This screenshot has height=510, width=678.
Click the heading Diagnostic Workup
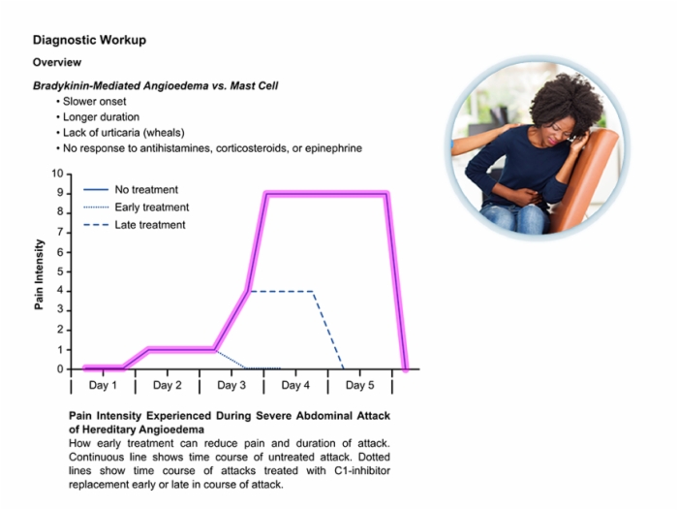click(89, 40)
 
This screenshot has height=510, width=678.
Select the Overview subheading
click(57, 62)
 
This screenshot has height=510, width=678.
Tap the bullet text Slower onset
click(94, 101)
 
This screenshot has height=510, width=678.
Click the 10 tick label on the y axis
click(57, 174)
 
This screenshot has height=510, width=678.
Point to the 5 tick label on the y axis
click(60, 271)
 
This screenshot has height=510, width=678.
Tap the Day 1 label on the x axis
click(103, 385)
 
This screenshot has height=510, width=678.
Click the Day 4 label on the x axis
click(295, 385)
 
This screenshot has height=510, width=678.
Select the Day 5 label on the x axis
click(359, 385)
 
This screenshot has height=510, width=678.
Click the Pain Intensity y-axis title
click(40, 274)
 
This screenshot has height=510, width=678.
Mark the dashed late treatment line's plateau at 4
click(281, 292)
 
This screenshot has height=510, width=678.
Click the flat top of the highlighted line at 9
click(327, 194)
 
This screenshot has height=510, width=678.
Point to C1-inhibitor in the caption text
click(362, 470)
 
